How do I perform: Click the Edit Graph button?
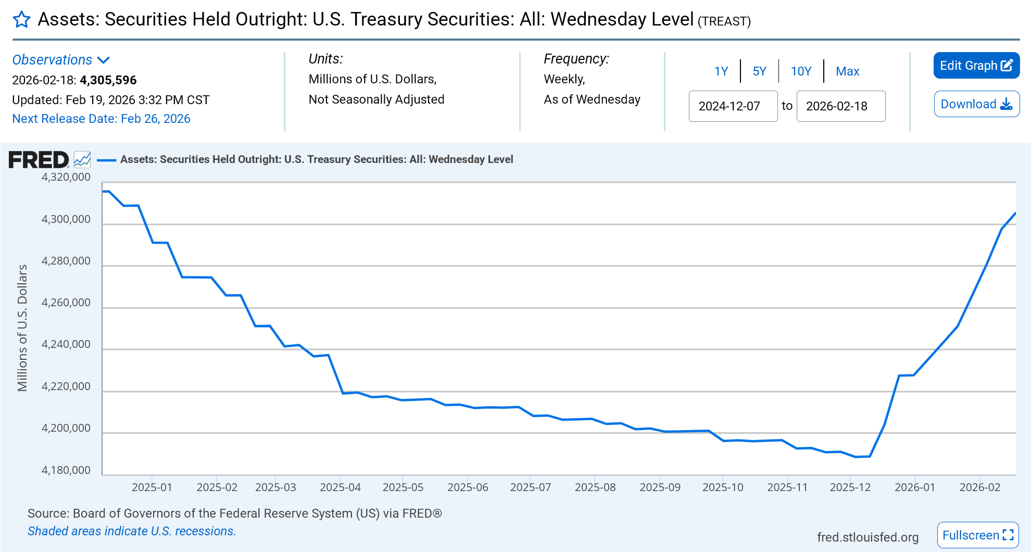pyautogui.click(x=976, y=66)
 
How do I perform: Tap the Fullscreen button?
pyautogui.click(x=977, y=535)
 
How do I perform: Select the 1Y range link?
pyautogui.click(x=721, y=71)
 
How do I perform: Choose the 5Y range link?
pyautogui.click(x=759, y=71)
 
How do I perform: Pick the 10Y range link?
pyautogui.click(x=801, y=71)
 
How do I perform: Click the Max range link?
pyautogui.click(x=847, y=71)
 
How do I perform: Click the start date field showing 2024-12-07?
pyautogui.click(x=733, y=106)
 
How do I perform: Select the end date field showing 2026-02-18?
pyautogui.click(x=840, y=106)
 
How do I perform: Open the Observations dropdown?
pyautogui.click(x=61, y=60)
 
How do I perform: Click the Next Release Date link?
pyautogui.click(x=101, y=119)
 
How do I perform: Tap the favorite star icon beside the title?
pyautogui.click(x=21, y=20)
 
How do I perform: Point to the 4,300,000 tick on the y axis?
pyautogui.click(x=66, y=219)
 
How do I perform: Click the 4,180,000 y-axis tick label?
pyautogui.click(x=66, y=470)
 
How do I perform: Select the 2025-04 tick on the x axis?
pyautogui.click(x=340, y=487)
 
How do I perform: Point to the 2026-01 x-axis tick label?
pyautogui.click(x=914, y=487)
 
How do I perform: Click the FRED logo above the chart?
pyautogui.click(x=39, y=159)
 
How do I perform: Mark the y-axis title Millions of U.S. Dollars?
pyautogui.click(x=22, y=328)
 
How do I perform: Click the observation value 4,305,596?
pyautogui.click(x=108, y=80)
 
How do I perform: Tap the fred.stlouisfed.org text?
pyautogui.click(x=867, y=537)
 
